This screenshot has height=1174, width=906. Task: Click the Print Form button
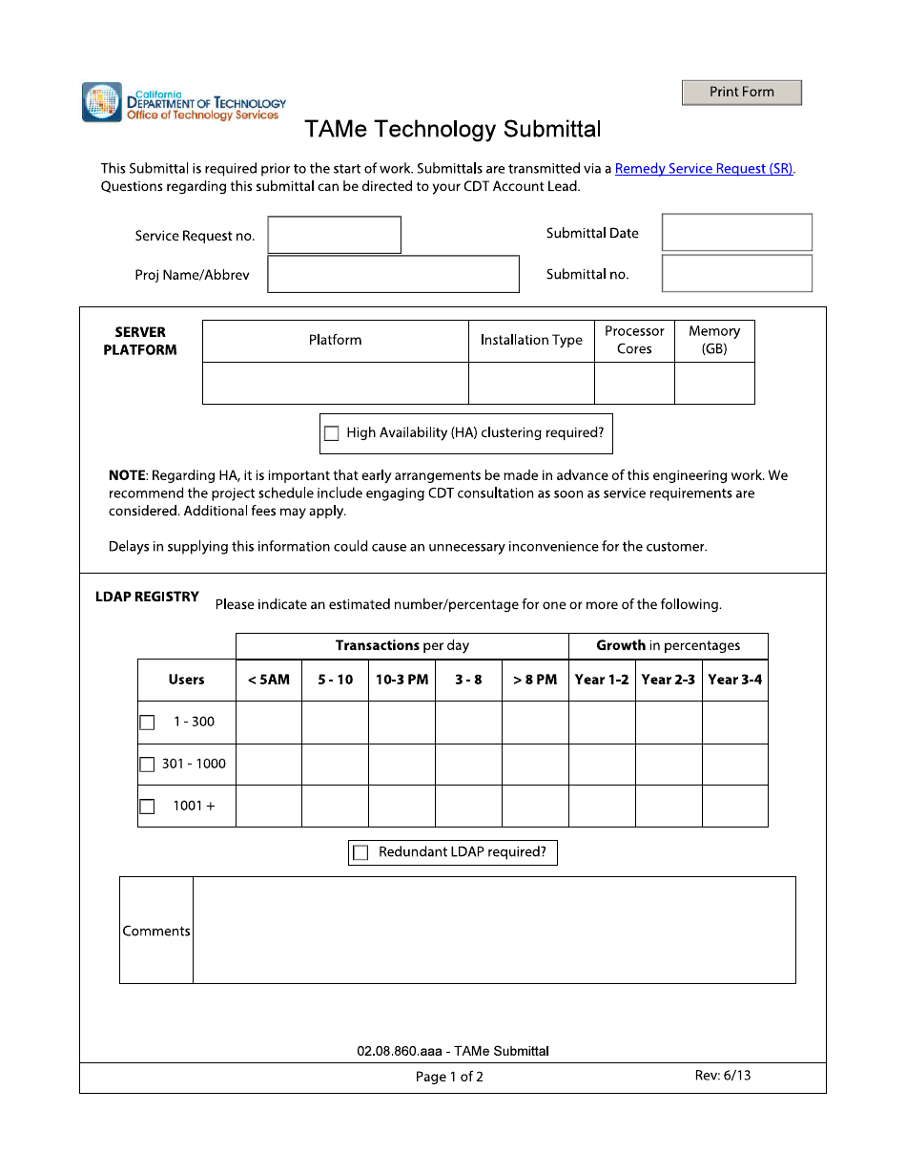742,93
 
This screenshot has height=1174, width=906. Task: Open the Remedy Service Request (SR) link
704,169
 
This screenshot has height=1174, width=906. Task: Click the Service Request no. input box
334,235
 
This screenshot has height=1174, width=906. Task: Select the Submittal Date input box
736,233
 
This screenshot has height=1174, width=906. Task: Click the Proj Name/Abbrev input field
393,274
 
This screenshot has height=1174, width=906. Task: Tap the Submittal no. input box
736,274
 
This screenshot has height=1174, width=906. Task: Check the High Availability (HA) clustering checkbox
332,433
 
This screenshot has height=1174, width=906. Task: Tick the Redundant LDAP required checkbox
360,853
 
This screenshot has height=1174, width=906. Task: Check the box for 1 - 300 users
147,723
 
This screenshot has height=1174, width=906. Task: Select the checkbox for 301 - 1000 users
147,765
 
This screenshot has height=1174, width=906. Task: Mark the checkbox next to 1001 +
147,807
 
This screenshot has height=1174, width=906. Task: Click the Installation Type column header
531,341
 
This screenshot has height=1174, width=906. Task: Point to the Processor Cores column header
634,341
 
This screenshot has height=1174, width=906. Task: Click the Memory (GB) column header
714,341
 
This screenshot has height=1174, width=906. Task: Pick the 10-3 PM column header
402,680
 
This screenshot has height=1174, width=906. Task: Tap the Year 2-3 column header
669,680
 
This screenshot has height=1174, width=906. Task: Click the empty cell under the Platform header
335,383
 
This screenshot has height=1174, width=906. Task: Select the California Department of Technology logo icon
102,102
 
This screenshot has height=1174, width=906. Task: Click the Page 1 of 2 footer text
449,1077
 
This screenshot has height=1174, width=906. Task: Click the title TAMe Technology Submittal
453,129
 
